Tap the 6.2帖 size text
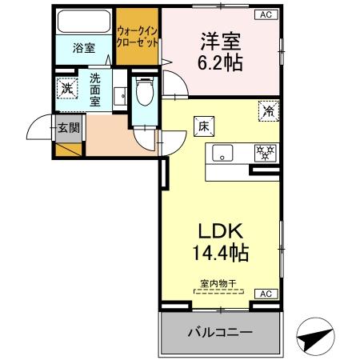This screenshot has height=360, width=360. point(221,62)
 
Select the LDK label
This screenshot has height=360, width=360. point(222,231)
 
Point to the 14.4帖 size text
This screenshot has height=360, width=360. point(222,254)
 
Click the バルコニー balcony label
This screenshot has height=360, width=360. point(220,332)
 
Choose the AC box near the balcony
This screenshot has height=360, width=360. point(265,294)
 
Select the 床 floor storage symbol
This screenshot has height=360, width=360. point(203,125)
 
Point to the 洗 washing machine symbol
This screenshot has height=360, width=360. point(67,87)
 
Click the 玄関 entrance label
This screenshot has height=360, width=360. point(67,126)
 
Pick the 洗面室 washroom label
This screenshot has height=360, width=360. point(95,90)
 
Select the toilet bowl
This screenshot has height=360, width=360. point(144,94)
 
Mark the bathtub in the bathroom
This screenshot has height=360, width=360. point(83,21)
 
